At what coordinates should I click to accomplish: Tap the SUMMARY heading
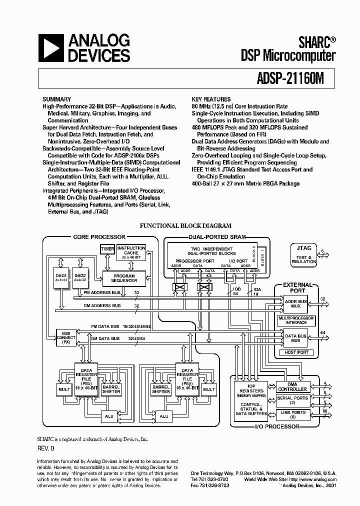coord(56,99)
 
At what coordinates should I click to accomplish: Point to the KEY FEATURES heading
coord(211,99)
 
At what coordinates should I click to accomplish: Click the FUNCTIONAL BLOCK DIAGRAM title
coord(185,226)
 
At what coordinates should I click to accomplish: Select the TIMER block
coord(107,249)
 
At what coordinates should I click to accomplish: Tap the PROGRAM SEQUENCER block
coord(124,278)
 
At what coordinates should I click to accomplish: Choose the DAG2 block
coord(81,278)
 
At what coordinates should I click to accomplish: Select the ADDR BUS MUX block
coord(295,303)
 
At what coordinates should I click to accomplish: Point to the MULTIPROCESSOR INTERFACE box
coord(296,320)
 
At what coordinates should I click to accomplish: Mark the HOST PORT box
coord(296,352)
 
